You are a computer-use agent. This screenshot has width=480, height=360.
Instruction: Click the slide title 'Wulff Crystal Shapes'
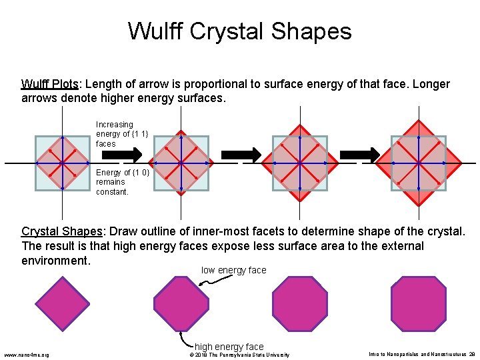pos(239,31)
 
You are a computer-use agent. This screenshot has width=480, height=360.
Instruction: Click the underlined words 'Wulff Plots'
pos(50,85)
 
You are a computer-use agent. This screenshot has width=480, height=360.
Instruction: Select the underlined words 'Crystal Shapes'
pos(62,232)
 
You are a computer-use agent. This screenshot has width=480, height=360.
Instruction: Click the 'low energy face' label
pos(233,270)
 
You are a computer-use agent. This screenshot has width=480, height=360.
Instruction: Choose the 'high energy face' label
pos(229,347)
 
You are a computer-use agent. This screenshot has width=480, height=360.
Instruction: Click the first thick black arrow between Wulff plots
pos(132,155)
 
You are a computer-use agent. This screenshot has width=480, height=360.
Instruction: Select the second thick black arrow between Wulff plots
pos(250,155)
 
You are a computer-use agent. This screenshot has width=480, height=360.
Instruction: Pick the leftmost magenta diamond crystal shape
pos(62,303)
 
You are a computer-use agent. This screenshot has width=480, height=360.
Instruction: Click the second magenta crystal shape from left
pos(181,303)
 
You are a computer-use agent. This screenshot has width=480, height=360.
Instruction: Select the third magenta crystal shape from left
pos(300,303)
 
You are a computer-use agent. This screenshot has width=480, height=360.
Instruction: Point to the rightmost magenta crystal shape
pos(418,303)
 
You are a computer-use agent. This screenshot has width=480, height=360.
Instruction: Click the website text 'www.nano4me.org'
pos(27,354)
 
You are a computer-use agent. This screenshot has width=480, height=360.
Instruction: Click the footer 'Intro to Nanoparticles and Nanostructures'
pos(417,355)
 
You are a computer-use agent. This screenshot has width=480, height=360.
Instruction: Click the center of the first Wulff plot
pos(61,163)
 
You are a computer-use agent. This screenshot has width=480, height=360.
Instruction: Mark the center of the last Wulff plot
pos(418,163)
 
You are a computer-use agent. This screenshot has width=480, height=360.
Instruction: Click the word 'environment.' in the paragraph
pos(56,261)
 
